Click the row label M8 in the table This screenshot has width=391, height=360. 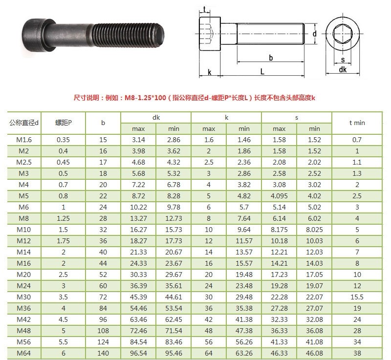(23, 218)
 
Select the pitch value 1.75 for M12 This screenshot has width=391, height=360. (64, 241)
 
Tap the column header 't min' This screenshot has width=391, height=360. (357, 123)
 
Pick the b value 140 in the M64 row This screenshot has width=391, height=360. (103, 353)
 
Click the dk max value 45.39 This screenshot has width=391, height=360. (138, 297)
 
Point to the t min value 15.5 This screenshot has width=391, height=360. (357, 297)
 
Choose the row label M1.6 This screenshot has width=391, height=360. (23, 140)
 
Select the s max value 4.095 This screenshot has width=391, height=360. (279, 196)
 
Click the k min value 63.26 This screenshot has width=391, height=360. (244, 353)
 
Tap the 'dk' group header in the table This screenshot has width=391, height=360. (156, 118)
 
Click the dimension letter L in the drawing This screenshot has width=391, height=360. (262, 71)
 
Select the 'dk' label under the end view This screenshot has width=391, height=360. (343, 70)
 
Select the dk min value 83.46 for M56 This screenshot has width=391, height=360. (174, 342)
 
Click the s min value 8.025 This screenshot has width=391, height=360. (314, 230)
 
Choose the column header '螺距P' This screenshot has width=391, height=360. (64, 123)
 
